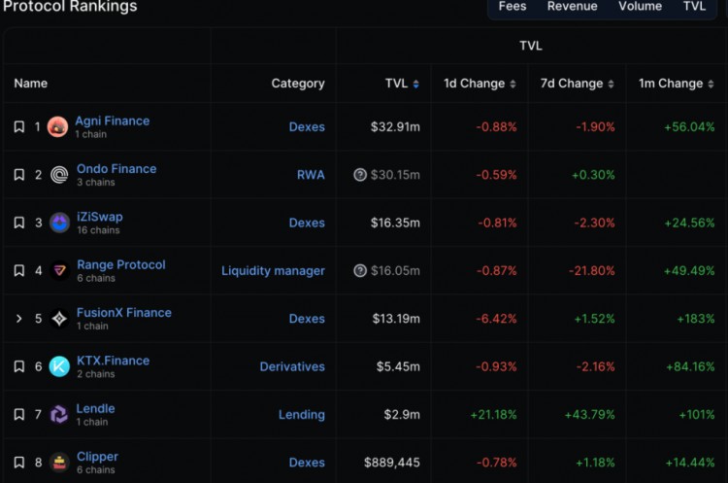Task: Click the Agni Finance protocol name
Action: tap(112, 121)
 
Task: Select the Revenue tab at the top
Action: tap(572, 7)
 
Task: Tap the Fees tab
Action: tap(513, 7)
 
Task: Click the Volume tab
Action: tap(640, 7)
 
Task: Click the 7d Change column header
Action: tap(573, 84)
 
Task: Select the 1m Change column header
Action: tap(671, 84)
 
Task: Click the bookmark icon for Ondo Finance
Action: tap(19, 175)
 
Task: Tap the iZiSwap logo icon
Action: tap(59, 223)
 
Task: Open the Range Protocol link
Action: tap(121, 264)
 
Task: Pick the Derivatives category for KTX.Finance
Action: tap(292, 366)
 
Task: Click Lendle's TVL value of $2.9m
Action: tap(402, 414)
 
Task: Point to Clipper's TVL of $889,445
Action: tap(392, 463)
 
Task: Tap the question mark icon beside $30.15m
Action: tap(360, 175)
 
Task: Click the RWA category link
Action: tap(311, 175)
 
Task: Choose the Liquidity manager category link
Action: tap(273, 270)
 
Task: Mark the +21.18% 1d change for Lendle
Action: tap(493, 414)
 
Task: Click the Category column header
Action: tap(298, 84)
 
